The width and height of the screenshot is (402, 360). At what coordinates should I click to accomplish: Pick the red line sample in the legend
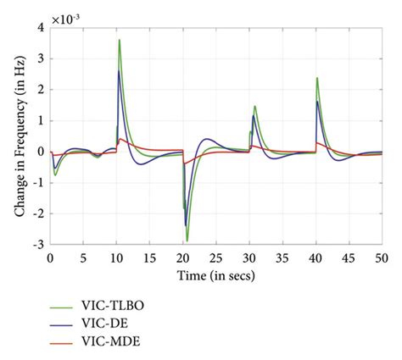pos(63,342)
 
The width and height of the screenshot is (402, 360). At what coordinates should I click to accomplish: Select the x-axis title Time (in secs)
pos(216,276)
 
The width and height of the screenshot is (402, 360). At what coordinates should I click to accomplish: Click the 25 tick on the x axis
pos(216,258)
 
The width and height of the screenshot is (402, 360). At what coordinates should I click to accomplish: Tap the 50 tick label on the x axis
pos(382,258)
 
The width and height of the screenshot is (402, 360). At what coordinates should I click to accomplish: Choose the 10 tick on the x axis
pos(117,258)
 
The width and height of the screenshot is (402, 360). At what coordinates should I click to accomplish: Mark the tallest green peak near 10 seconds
pos(120,40)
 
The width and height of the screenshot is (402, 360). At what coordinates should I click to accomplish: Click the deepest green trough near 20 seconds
pos(187,241)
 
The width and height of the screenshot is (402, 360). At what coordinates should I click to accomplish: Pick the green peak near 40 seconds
pos(317,78)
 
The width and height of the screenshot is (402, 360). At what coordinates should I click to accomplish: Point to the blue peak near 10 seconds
pos(119,71)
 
